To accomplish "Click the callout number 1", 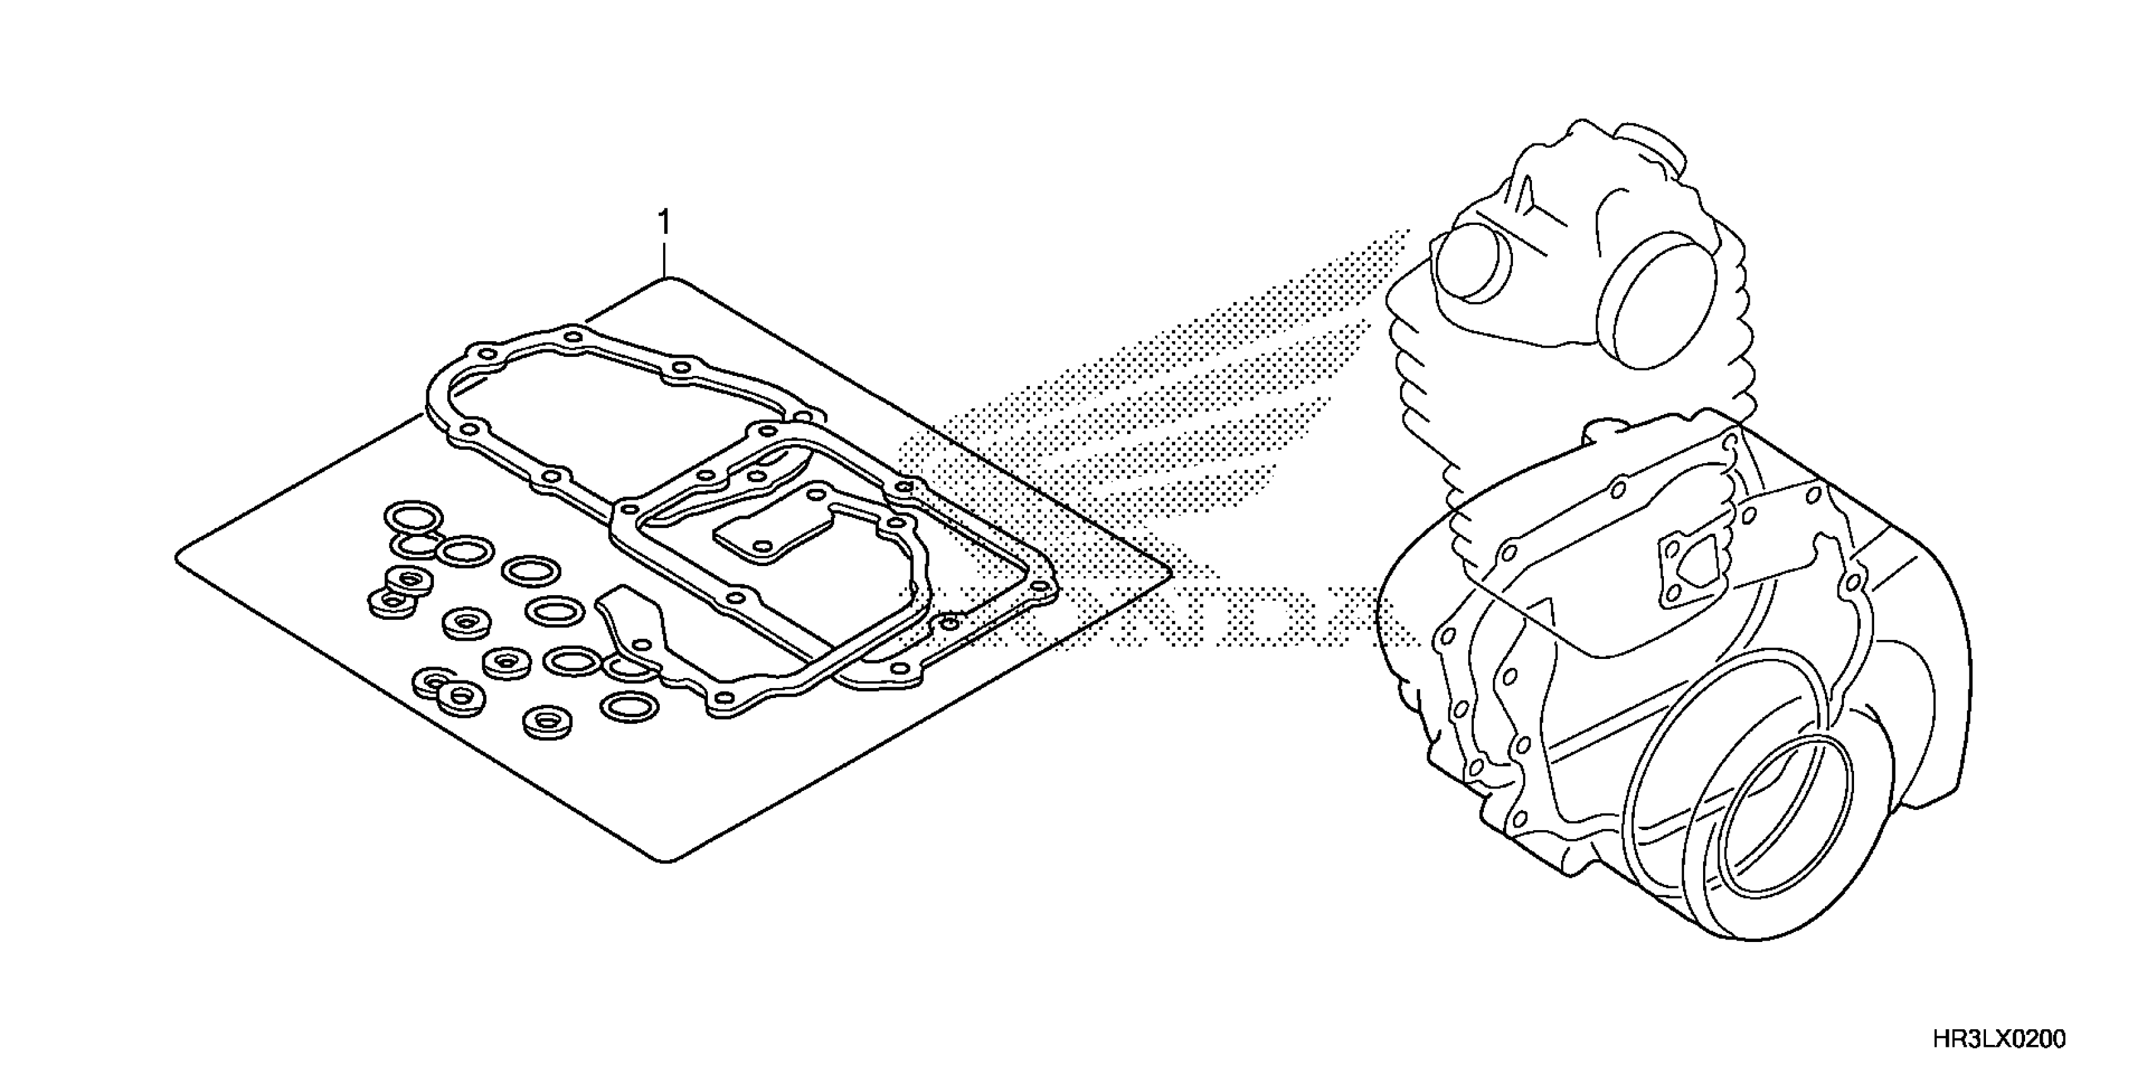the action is point(664,224).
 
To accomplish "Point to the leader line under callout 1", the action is point(664,260).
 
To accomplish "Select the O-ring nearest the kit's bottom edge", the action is point(630,707).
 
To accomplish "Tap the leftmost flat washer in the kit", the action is point(391,602).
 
